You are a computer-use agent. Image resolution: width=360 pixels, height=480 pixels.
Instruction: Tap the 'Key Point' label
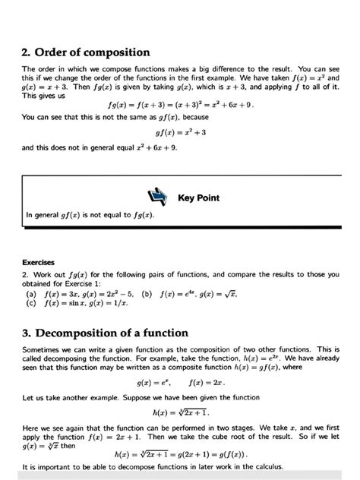198,198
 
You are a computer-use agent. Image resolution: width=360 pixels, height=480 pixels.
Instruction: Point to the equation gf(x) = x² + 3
180,132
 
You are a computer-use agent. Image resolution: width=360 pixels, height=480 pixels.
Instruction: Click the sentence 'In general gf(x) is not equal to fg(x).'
90,215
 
